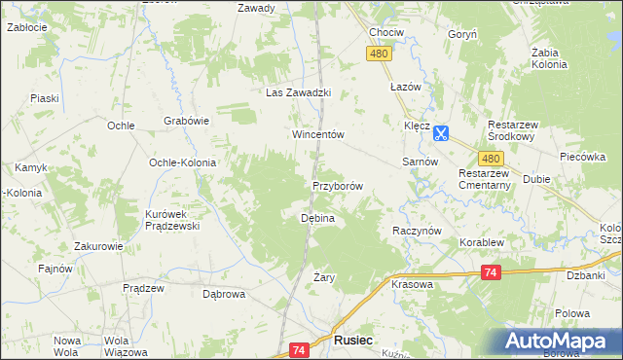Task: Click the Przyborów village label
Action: coord(338,186)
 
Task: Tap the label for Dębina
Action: coord(317,218)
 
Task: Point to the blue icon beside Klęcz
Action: coord(441,132)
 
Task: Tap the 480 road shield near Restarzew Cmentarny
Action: coord(491,160)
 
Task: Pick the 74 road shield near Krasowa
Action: coord(491,273)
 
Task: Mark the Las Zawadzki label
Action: coord(301,92)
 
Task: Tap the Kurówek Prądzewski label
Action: coord(171,220)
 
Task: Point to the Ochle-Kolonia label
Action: coord(182,162)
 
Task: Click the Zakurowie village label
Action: coord(95,246)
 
